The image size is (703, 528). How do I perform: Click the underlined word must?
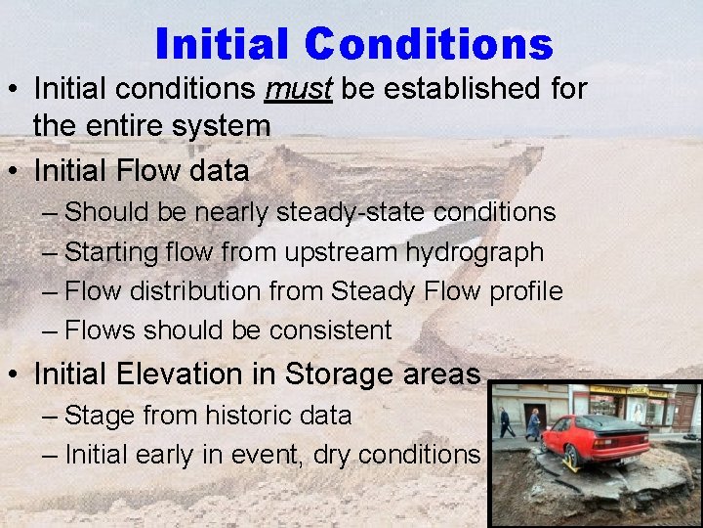pyautogui.click(x=299, y=89)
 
